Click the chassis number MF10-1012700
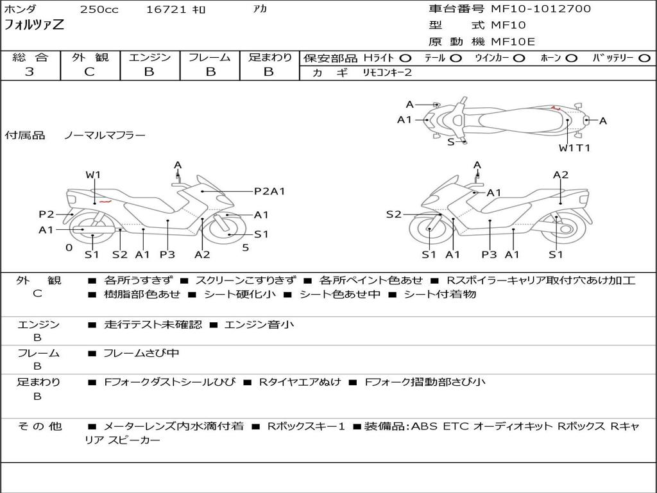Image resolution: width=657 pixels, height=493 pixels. tap(541, 9)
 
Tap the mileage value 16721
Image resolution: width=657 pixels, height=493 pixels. tap(166, 9)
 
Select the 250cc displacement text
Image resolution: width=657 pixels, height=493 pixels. tap(99, 9)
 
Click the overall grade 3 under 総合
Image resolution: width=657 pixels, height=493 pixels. tap(30, 72)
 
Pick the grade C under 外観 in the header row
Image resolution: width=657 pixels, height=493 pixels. tap(89, 72)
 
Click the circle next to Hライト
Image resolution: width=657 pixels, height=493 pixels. tap(405, 58)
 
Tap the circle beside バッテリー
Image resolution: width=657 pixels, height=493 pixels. tap(644, 58)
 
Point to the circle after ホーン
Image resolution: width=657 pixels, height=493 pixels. tap(572, 58)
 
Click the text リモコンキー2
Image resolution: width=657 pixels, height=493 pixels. tap(387, 73)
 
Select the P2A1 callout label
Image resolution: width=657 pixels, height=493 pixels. tap(269, 191)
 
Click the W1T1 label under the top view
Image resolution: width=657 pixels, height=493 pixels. tap(574, 148)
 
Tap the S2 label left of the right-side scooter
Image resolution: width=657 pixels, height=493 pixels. tap(393, 214)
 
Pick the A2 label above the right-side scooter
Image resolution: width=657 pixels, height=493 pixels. tap(561, 175)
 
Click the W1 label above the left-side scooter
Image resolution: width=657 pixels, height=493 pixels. tap(93, 175)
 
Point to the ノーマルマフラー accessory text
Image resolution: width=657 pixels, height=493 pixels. tap(105, 135)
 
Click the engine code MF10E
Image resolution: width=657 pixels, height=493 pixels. tap(513, 42)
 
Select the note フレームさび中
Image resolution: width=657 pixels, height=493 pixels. tap(141, 353)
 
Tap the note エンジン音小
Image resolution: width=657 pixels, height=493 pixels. tap(259, 324)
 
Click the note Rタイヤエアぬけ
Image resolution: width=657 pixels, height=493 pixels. tap(300, 382)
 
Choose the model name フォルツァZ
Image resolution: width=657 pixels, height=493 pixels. tap(34, 25)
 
